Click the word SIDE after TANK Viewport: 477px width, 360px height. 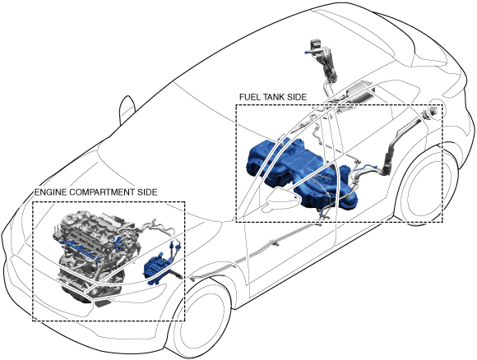297,97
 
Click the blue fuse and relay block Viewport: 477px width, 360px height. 156,268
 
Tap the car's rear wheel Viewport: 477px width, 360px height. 424,188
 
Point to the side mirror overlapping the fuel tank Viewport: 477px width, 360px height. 281,197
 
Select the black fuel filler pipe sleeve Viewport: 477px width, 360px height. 389,163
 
